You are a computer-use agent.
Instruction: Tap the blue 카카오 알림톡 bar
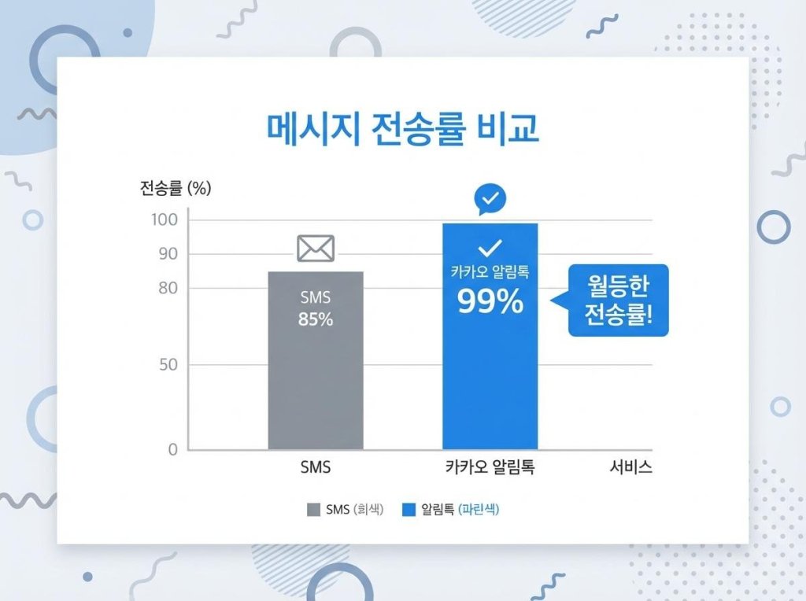tap(490, 378)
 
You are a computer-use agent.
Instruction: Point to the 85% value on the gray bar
tap(316, 320)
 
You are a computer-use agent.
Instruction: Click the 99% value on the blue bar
tap(490, 301)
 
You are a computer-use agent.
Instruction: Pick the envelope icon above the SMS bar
tap(316, 249)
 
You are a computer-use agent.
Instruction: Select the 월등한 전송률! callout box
tap(618, 300)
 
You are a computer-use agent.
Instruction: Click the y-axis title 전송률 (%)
tap(176, 188)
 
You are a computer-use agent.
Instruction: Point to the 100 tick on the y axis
tap(165, 219)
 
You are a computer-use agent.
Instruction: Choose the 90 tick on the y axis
tap(168, 254)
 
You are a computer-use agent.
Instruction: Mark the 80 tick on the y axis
tap(168, 288)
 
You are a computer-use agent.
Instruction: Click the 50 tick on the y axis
tap(168, 365)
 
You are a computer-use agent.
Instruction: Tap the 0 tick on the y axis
tap(172, 450)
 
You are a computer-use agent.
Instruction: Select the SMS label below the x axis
tap(316, 467)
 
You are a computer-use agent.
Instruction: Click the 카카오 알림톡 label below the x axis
tap(490, 467)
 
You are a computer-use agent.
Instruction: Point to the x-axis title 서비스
tap(631, 467)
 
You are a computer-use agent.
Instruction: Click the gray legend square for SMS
tap(314, 510)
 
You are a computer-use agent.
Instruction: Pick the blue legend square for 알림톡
tap(409, 510)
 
